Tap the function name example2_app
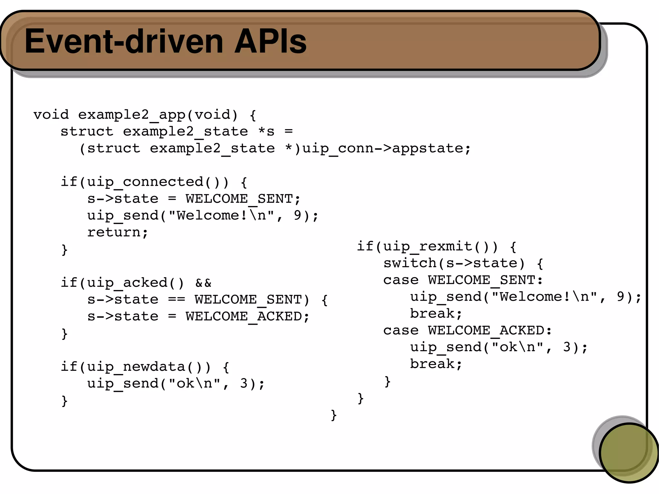(132, 115)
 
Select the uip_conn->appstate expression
(386, 149)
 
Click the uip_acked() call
(135, 283)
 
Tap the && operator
(203, 283)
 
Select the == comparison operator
(176, 300)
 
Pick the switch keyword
(410, 263)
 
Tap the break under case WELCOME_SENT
(436, 314)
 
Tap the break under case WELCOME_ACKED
(436, 364)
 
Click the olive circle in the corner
(628, 452)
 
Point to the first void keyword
(51, 115)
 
